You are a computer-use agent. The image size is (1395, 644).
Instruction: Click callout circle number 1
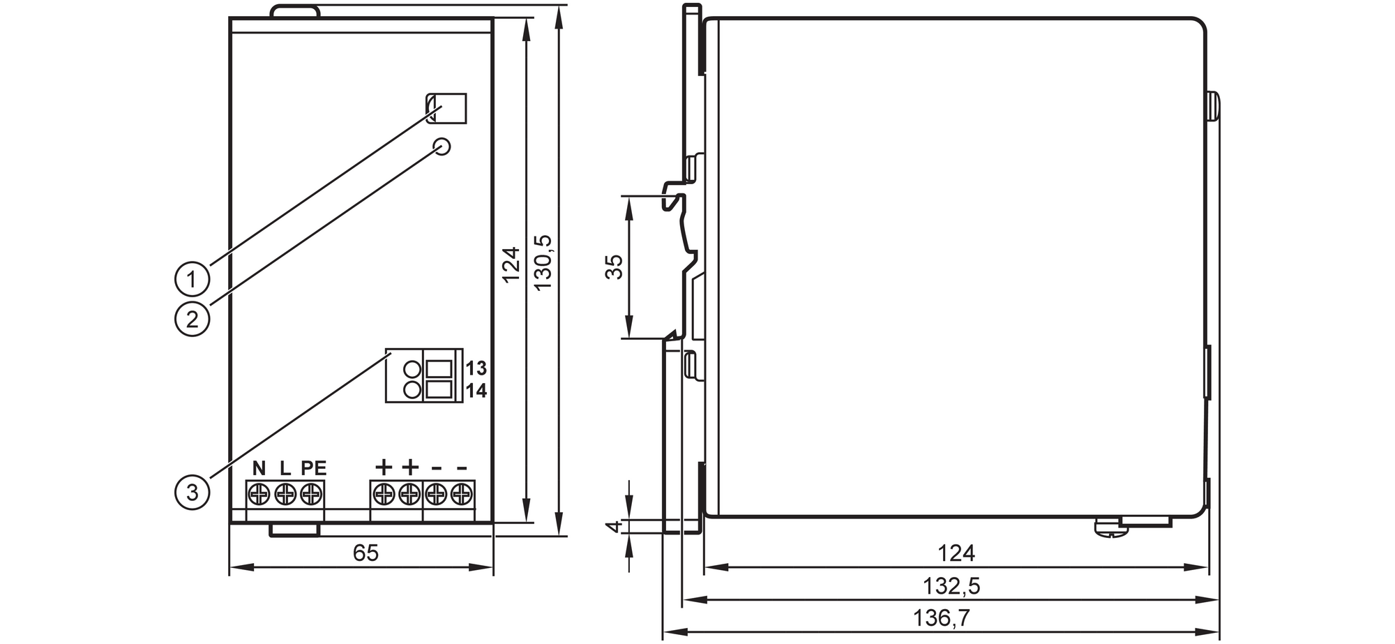click(192, 279)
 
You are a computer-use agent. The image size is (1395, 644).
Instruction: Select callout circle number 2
click(192, 319)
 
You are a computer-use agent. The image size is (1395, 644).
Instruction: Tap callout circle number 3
click(192, 492)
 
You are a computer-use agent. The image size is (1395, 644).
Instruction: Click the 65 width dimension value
click(365, 553)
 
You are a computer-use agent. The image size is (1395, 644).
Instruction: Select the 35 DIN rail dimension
click(613, 267)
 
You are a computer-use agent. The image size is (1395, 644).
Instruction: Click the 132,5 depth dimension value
click(951, 585)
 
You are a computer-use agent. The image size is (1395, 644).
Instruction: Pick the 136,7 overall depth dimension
click(942, 617)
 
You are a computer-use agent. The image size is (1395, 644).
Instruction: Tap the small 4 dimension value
click(613, 527)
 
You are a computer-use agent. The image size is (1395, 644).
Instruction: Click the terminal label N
click(259, 467)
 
